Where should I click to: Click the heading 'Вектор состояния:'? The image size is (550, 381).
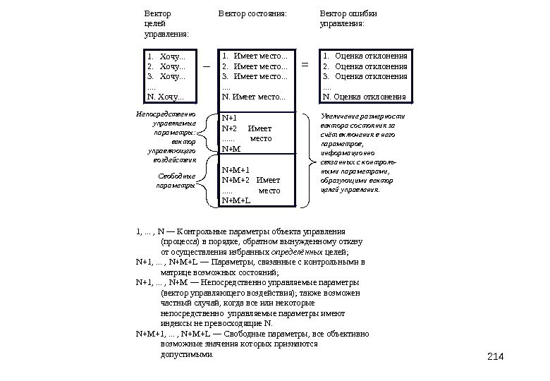[x=252, y=13]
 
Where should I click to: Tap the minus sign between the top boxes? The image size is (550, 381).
[x=207, y=66]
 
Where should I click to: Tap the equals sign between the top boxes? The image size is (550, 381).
[x=305, y=66]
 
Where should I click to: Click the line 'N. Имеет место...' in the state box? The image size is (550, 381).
[x=254, y=97]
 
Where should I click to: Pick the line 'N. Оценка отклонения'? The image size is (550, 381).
[x=364, y=97]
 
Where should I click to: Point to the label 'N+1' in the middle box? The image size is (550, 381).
[x=230, y=119]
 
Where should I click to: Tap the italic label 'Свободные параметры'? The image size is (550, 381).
[x=174, y=181]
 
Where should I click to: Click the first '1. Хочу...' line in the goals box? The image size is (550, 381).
[x=168, y=56]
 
